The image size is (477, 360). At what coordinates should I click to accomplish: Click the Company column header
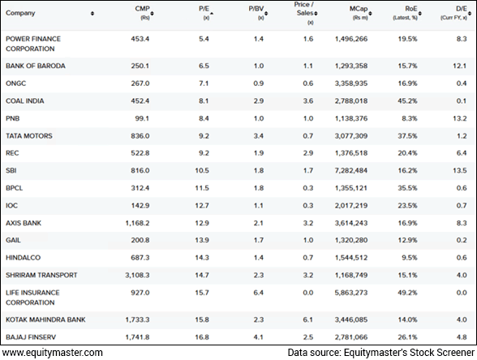point(20,13)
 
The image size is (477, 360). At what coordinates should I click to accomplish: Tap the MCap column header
point(356,10)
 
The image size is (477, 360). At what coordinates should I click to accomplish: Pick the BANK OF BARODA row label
point(36,66)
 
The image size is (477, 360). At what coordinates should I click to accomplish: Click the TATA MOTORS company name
point(28,136)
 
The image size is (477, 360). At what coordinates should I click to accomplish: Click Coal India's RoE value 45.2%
point(406,101)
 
